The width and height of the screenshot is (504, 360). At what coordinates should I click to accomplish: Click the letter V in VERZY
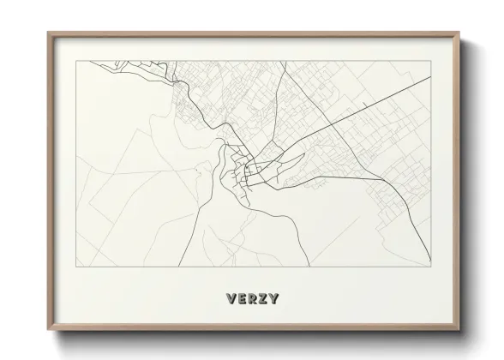(x=231, y=300)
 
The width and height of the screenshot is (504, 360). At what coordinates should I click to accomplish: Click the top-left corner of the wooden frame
(x=48, y=33)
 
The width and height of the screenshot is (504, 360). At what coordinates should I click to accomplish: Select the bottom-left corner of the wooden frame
(x=48, y=328)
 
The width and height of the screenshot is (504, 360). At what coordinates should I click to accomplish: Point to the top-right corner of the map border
(x=429, y=60)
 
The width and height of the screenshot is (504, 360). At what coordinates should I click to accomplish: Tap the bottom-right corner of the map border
(x=429, y=267)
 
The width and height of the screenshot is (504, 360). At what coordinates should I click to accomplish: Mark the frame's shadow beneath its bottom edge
(x=257, y=337)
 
